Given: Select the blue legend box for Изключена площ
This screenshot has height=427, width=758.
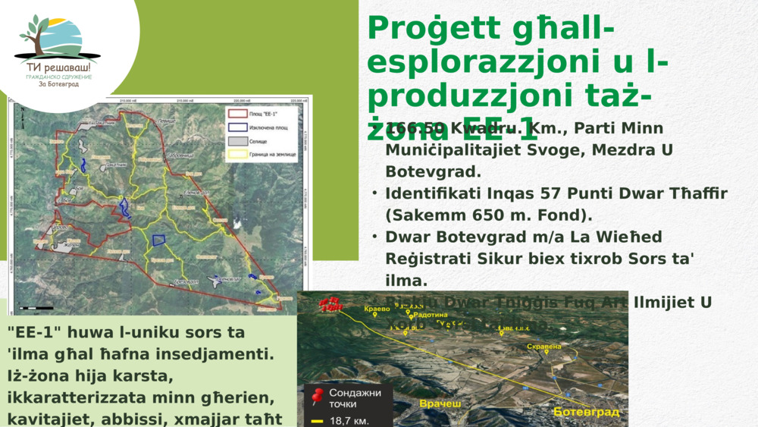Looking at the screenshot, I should click(236, 127).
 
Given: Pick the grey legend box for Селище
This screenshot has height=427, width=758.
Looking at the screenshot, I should click(236, 141).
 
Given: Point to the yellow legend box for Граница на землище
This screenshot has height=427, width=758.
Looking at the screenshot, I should click(236, 155).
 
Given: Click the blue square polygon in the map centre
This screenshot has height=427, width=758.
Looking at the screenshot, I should click(159, 240).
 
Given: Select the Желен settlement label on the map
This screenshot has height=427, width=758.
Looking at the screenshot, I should click(71, 244).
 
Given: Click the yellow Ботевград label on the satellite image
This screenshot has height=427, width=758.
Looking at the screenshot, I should click(586, 412).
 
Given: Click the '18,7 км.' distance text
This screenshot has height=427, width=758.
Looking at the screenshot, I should click(351, 419).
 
